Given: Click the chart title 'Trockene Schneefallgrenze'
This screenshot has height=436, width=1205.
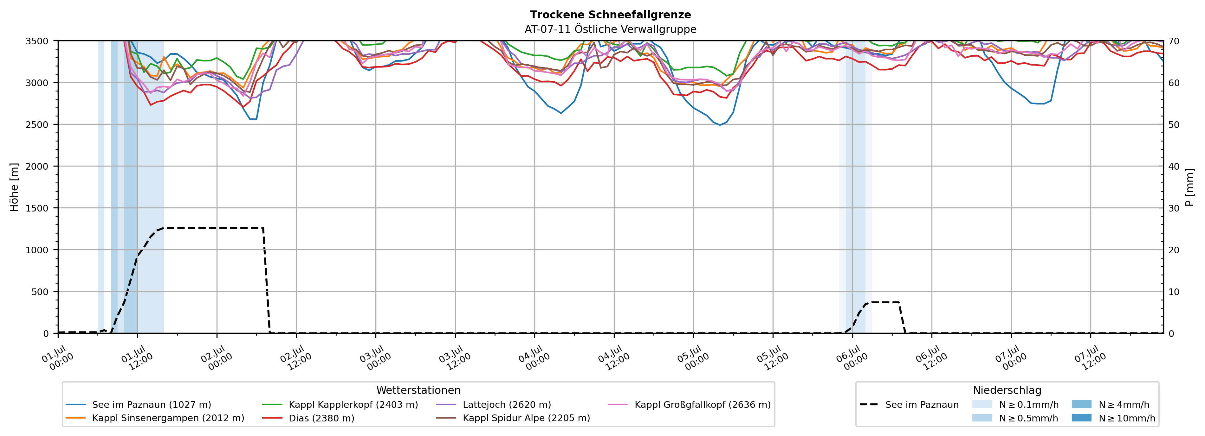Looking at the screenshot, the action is (611, 15).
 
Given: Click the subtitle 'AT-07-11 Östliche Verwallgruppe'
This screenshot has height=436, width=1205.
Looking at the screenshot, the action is (611, 29).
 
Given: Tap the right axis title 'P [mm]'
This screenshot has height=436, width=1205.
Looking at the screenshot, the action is (1189, 187).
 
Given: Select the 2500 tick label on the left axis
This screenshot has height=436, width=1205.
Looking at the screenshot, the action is (37, 125).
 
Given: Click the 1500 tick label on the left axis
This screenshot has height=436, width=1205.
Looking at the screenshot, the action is (37, 208).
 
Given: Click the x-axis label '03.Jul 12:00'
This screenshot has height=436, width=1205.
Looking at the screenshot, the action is (454, 357).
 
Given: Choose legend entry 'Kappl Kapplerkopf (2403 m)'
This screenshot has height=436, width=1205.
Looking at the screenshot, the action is (340, 405).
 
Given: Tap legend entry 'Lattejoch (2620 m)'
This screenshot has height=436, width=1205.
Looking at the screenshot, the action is (494, 405).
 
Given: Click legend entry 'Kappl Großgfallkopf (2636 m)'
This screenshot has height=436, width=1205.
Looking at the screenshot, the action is (690, 405).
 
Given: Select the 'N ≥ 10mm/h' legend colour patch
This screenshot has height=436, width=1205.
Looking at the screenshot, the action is (1081, 418).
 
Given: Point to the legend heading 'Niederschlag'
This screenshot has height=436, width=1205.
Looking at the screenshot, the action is (1007, 390).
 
